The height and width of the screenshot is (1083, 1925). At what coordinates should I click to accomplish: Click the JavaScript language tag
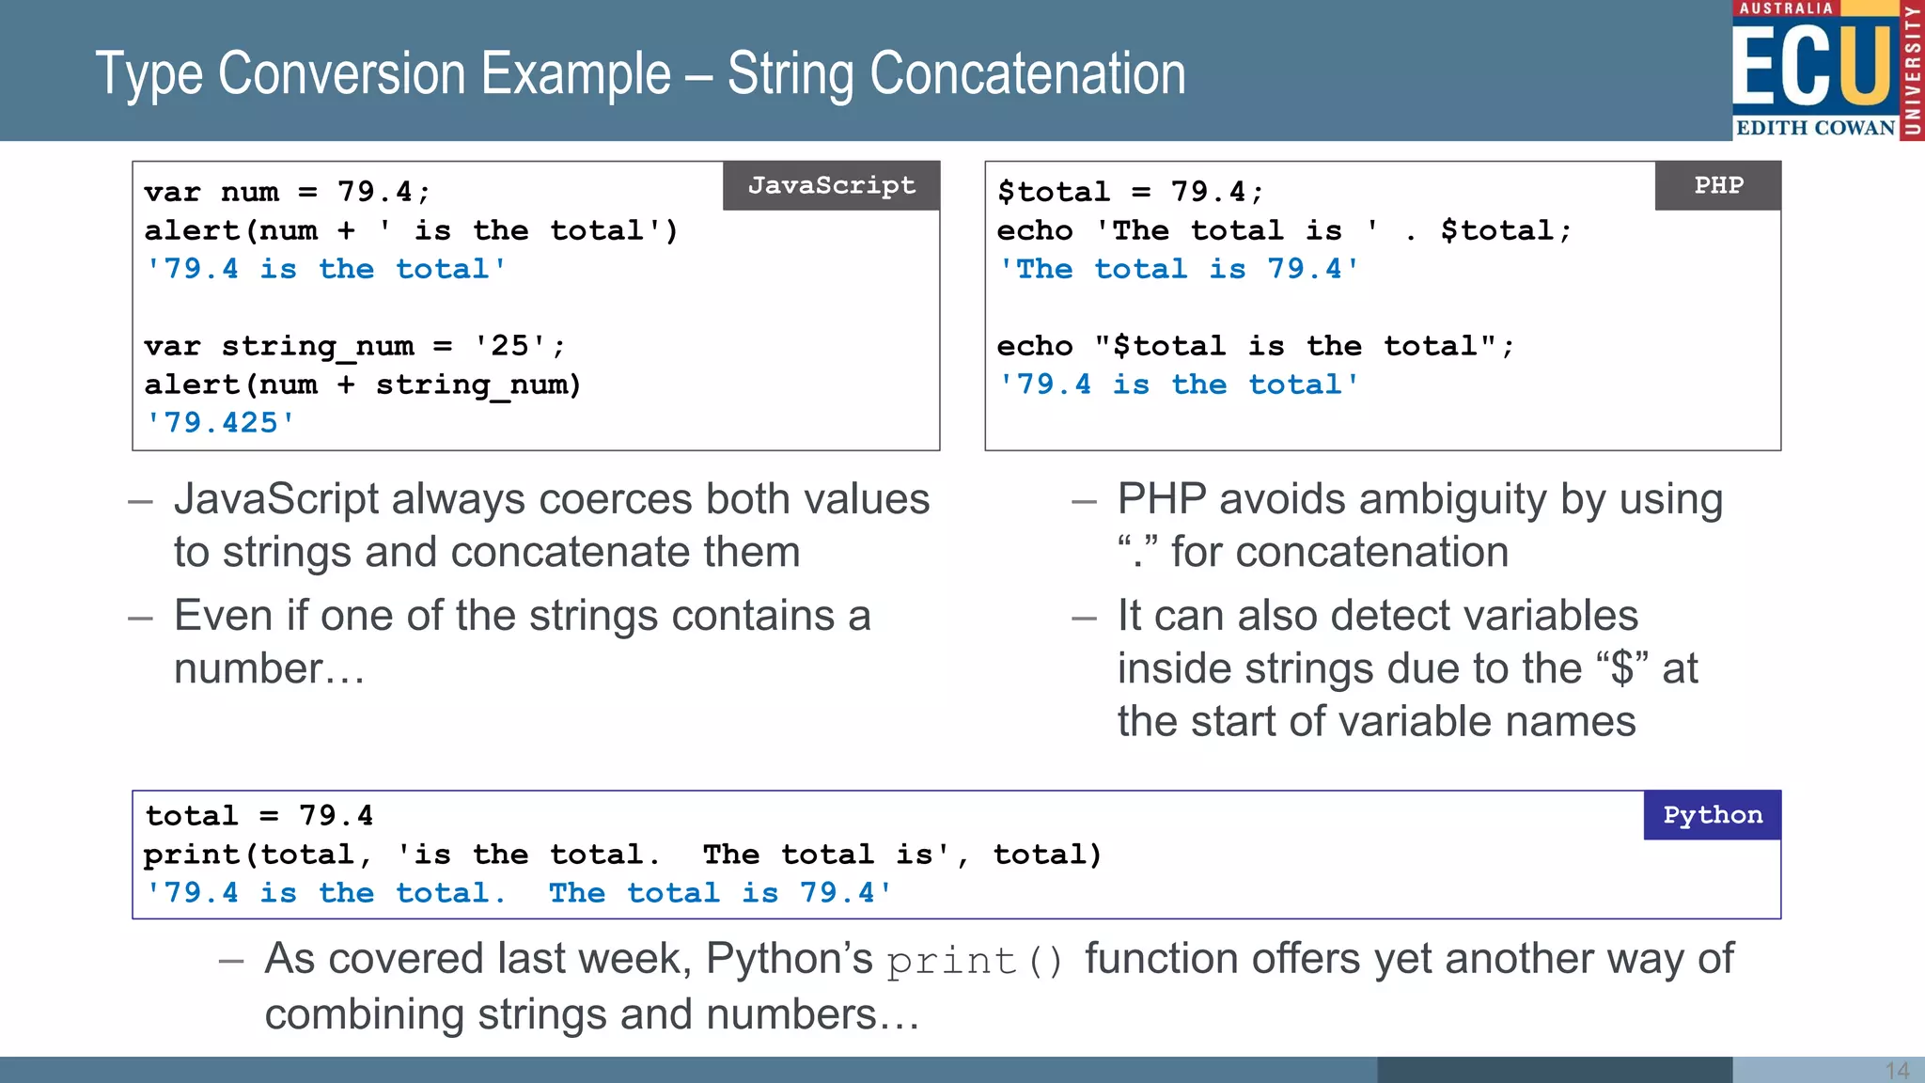[x=831, y=185]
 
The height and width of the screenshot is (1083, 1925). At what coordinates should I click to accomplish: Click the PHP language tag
[x=1717, y=185]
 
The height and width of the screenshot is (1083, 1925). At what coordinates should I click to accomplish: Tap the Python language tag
[x=1712, y=815]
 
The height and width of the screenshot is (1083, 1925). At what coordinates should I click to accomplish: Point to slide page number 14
[x=1897, y=1071]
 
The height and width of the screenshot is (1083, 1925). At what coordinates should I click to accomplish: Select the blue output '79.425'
[x=220, y=423]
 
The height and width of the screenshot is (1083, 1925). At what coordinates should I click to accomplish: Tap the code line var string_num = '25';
[x=354, y=346]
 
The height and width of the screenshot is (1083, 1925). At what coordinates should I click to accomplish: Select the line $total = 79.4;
[x=1130, y=192]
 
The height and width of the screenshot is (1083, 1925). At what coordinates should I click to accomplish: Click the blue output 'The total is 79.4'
[x=1179, y=269]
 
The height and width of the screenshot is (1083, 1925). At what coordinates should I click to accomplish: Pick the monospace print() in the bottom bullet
[x=975, y=961]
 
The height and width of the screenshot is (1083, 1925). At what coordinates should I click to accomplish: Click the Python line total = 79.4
[x=259, y=815]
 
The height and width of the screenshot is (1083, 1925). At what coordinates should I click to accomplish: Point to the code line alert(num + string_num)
[x=363, y=385]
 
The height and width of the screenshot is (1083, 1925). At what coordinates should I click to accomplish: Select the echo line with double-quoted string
[x=1255, y=346]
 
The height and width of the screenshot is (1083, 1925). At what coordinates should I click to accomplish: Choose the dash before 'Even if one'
[x=140, y=619]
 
